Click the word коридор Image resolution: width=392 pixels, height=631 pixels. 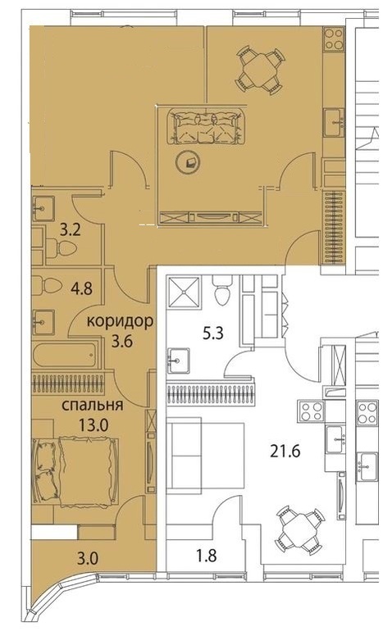[120, 321]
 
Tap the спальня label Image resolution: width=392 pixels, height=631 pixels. [92, 405]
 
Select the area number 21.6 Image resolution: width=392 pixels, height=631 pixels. [285, 452]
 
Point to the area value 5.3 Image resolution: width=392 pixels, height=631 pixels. [212, 334]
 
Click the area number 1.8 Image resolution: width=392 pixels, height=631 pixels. [207, 556]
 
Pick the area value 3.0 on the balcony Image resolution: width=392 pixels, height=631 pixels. [88, 559]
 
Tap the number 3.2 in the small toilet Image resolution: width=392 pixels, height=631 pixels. [70, 230]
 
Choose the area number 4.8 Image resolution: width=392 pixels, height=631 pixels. [81, 288]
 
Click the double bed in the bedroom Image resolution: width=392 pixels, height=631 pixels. [75, 472]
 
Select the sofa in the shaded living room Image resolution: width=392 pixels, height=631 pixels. [207, 126]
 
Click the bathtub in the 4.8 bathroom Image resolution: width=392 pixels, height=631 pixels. [66, 355]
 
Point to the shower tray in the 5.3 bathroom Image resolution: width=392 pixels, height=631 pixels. [183, 291]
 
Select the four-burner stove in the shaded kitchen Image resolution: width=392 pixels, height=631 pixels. [334, 39]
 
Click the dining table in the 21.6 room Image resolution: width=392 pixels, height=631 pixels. [299, 530]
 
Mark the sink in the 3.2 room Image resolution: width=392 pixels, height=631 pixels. [43, 208]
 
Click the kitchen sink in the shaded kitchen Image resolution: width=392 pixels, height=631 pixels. [335, 123]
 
